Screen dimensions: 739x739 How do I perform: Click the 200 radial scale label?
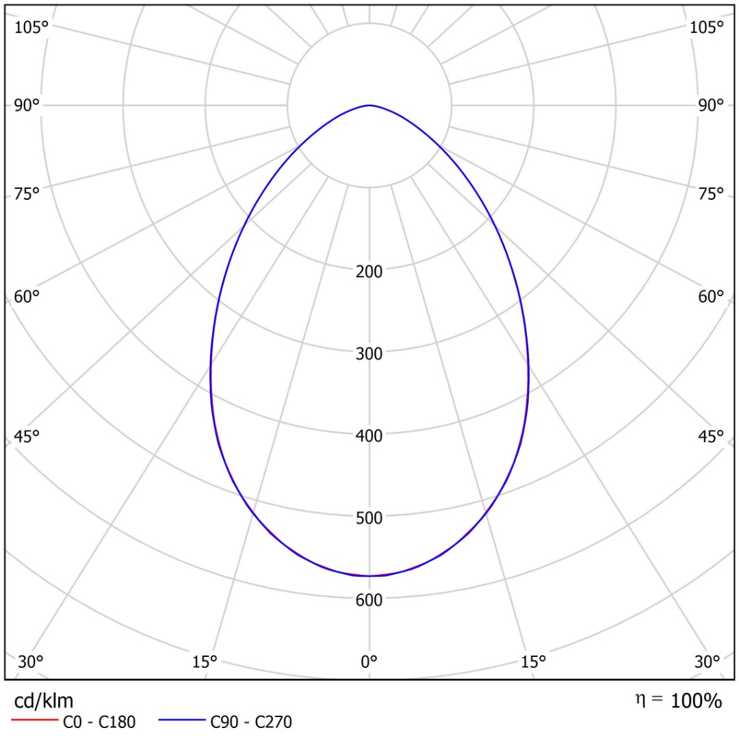click(x=369, y=271)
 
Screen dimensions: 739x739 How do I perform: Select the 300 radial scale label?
click(x=369, y=353)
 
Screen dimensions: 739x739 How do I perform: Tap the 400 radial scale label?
click(x=369, y=435)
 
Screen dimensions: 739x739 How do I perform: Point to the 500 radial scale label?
click(x=369, y=517)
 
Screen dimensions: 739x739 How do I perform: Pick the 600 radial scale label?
click(x=369, y=599)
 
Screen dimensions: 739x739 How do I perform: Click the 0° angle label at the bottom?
click(x=369, y=662)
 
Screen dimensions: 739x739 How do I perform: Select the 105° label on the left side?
click(x=31, y=27)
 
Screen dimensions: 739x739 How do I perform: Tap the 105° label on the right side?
click(x=707, y=27)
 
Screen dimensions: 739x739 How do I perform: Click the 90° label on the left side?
click(x=27, y=105)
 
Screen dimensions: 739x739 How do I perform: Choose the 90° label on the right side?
click(x=710, y=105)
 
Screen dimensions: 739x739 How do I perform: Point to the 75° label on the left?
click(x=27, y=194)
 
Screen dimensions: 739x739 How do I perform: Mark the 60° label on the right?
click(x=710, y=296)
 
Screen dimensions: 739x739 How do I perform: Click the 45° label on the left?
click(x=27, y=436)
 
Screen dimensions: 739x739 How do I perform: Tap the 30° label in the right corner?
click(x=707, y=662)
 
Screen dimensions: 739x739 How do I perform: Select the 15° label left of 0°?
click(x=205, y=662)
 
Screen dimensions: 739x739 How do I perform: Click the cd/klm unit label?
click(x=44, y=701)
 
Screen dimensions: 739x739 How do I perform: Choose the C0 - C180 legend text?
click(x=99, y=721)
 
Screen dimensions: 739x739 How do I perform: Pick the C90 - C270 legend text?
click(x=251, y=721)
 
